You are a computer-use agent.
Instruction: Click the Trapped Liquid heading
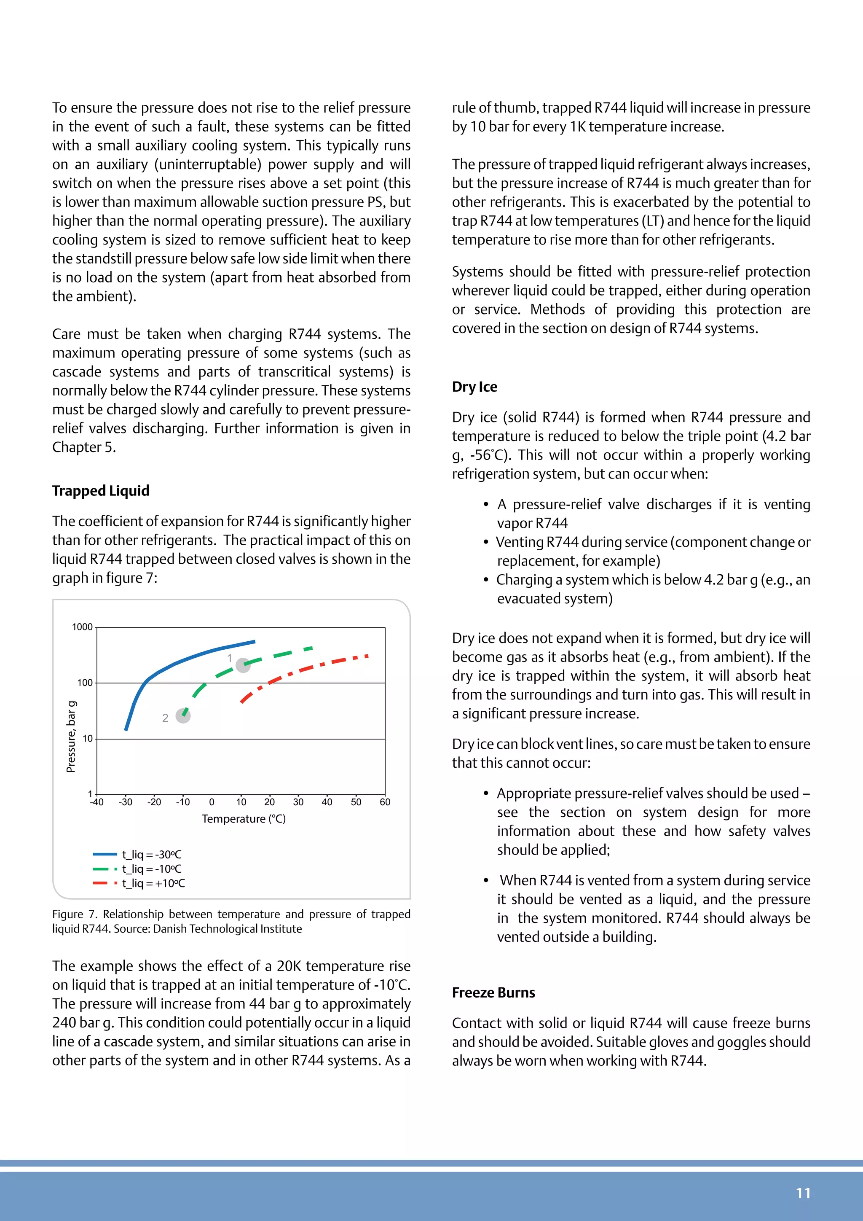click(x=100, y=490)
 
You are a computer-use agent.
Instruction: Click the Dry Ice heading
click(x=474, y=387)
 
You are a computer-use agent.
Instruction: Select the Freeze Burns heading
click(x=493, y=992)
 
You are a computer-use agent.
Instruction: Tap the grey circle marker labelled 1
click(x=243, y=665)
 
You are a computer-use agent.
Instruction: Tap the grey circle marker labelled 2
click(x=183, y=716)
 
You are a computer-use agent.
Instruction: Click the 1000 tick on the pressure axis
click(x=82, y=627)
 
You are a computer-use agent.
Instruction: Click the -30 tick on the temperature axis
click(x=126, y=802)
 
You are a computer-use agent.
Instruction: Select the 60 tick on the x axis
click(x=385, y=802)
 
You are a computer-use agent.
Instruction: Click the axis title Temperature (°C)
click(x=244, y=818)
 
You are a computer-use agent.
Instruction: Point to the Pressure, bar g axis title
click(x=71, y=737)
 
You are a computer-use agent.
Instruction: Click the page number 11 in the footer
click(x=803, y=1193)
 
